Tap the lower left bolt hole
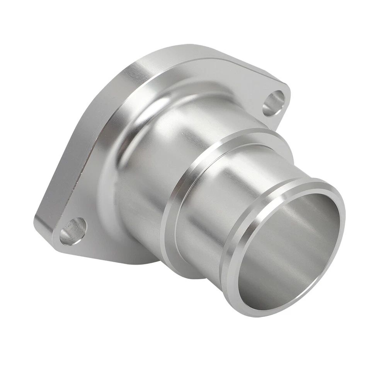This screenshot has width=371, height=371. (x=73, y=231)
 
